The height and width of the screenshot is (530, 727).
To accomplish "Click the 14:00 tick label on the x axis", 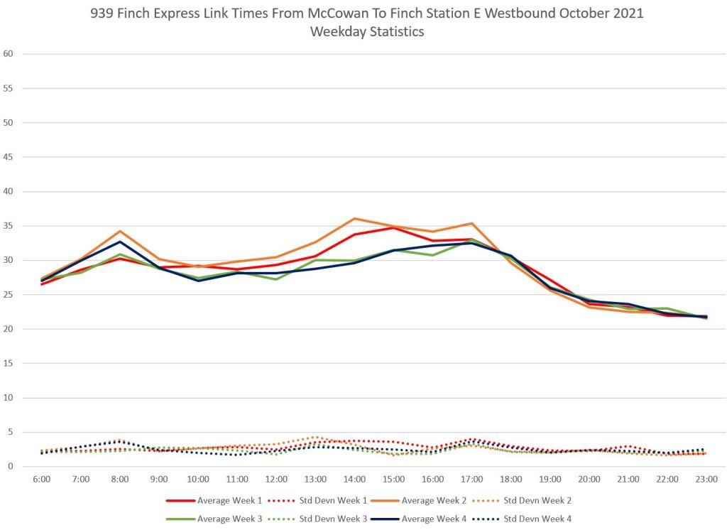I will (355, 480).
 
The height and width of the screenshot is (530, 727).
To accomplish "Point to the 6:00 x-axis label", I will (42, 480).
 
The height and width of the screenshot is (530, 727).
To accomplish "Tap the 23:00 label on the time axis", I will (706, 480).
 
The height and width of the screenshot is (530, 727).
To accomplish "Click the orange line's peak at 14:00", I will (355, 219).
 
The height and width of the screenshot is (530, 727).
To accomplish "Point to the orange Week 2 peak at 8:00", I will (120, 231).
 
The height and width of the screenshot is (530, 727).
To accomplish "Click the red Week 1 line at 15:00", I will (394, 227).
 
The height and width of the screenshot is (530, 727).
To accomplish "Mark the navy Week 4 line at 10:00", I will (198, 281).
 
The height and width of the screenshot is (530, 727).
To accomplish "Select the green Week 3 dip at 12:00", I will (276, 279).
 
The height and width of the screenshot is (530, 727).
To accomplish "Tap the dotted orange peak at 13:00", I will (316, 437).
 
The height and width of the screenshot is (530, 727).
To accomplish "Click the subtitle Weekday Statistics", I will (366, 31).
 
